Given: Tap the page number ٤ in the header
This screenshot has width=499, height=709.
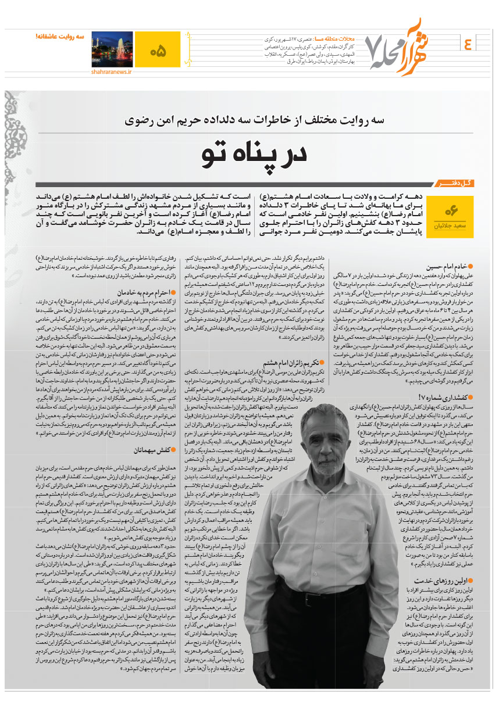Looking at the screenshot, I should point(469,44).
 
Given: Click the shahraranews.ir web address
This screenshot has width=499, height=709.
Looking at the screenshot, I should point(111,72).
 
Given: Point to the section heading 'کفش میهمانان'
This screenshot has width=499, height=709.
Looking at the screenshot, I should point(136,449).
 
